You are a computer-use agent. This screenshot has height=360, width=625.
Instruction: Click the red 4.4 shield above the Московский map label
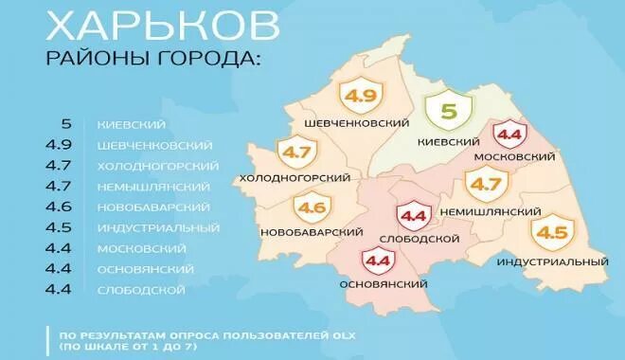tap(510, 135)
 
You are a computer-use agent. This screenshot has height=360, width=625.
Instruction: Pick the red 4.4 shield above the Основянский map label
tap(376, 259)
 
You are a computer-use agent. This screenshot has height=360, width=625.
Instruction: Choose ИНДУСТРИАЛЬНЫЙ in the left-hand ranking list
tap(158, 227)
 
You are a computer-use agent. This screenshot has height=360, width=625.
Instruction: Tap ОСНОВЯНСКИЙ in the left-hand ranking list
tap(147, 269)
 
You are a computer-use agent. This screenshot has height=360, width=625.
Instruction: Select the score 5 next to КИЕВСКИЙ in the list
tap(66, 124)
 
